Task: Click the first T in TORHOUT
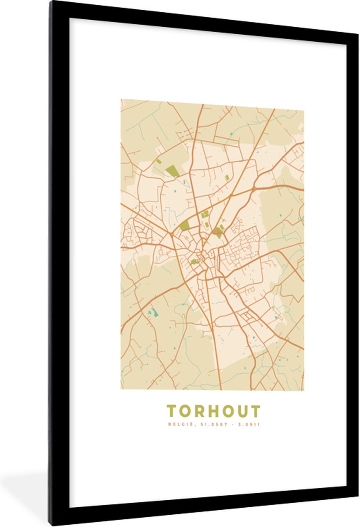click(x=172, y=411)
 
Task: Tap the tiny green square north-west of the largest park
click(x=158, y=162)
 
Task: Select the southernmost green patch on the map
click(x=194, y=262)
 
